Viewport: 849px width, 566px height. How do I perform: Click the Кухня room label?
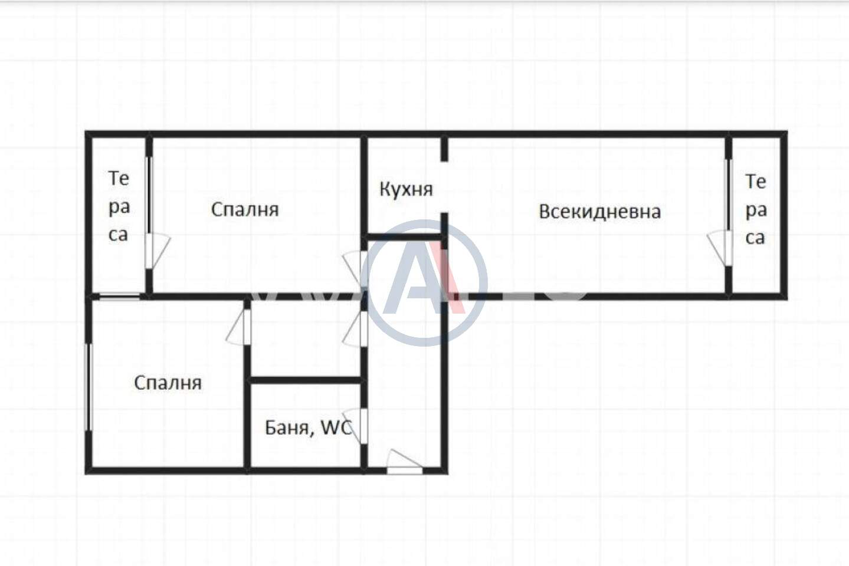pyautogui.click(x=406, y=189)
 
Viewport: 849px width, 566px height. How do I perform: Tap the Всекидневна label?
pyautogui.click(x=599, y=212)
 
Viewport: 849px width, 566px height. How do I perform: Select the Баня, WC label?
pyautogui.click(x=309, y=428)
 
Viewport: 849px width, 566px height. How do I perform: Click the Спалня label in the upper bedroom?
pyautogui.click(x=245, y=209)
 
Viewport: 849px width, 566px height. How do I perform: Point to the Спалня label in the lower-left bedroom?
pyautogui.click(x=168, y=383)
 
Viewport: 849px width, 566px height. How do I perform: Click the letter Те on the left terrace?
pyautogui.click(x=119, y=178)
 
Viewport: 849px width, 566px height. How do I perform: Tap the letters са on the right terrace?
pyautogui.click(x=755, y=238)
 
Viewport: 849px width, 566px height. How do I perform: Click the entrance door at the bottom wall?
pyautogui.click(x=404, y=462)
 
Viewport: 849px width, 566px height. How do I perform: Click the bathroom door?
pyautogui.click(x=356, y=426)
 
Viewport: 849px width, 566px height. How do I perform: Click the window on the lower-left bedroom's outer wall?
pyautogui.click(x=89, y=387)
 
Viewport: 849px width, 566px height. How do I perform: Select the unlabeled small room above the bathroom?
pyautogui.click(x=306, y=338)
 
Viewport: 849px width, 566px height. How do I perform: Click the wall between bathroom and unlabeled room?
pyautogui.click(x=306, y=380)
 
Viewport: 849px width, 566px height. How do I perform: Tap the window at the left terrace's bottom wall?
pyautogui.click(x=119, y=297)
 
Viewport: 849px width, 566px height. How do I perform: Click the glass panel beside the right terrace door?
pyautogui.click(x=727, y=195)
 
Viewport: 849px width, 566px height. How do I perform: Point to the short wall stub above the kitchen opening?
pyautogui.click(x=444, y=149)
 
